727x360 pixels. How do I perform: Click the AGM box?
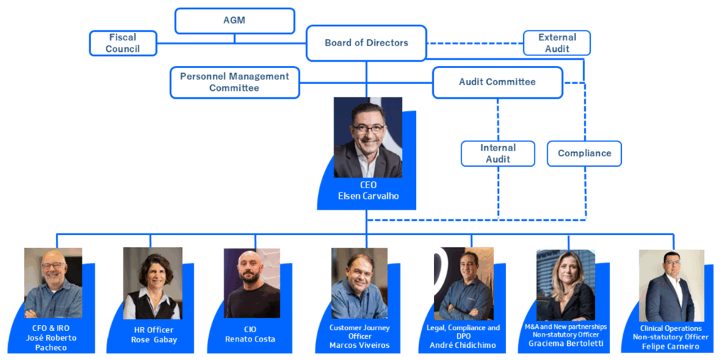[234, 21]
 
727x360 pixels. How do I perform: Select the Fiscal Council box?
[123, 43]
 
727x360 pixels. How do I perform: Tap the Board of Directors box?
[366, 43]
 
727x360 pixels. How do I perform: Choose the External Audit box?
[557, 43]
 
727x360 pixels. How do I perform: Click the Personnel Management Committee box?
[234, 82]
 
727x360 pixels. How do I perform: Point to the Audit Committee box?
[498, 82]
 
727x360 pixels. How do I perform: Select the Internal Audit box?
[498, 153]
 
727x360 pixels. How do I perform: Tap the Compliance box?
[584, 153]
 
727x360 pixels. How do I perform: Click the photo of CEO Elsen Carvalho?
[368, 137]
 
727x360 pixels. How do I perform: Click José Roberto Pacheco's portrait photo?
[53, 283]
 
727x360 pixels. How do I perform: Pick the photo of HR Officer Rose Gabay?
[153, 283]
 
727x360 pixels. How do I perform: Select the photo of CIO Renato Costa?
[252, 283]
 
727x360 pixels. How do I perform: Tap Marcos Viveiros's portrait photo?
[359, 283]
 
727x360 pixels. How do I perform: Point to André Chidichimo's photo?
[464, 283]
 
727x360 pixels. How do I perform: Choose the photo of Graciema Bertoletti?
[566, 285]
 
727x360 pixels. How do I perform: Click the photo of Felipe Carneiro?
[672, 285]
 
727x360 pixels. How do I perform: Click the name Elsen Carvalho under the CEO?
[368, 196]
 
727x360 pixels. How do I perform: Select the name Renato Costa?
[250, 339]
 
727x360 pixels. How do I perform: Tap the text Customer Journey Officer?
[359, 332]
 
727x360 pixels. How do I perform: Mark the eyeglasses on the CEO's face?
[368, 129]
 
